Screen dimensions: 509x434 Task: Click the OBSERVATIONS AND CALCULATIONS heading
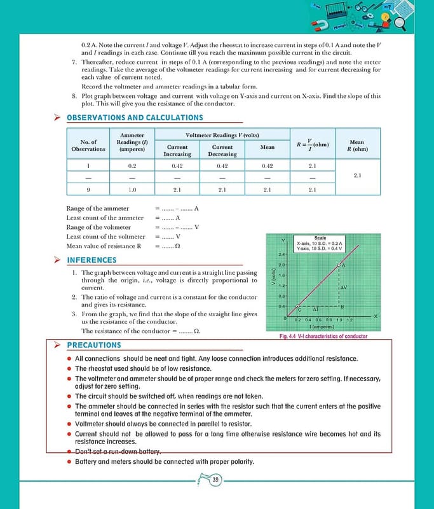click(x=135, y=118)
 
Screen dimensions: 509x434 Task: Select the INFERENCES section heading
click(x=92, y=260)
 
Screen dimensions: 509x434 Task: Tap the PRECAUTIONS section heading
click(x=93, y=345)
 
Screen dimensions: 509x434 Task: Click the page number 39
click(x=216, y=480)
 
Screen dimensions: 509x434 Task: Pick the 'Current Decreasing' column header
click(x=222, y=150)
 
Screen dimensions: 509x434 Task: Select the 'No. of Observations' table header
click(x=88, y=145)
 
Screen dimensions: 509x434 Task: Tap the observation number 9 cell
click(x=88, y=190)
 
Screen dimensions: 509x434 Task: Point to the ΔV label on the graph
click(x=343, y=288)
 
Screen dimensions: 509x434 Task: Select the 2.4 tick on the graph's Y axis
click(x=281, y=254)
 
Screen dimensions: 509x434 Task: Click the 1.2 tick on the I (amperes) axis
click(x=349, y=320)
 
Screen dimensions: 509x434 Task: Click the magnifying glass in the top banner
click(x=400, y=23)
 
